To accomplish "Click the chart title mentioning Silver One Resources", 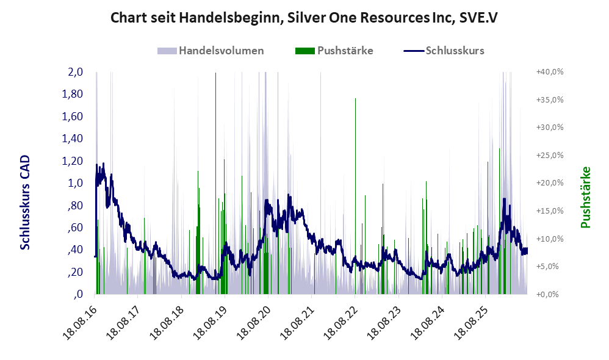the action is [x=304, y=18].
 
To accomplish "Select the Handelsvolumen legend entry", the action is [x=211, y=51].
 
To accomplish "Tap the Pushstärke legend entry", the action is [x=334, y=51].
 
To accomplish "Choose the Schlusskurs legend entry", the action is [x=444, y=51].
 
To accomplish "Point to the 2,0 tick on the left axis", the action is [x=75, y=72].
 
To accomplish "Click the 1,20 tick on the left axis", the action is [x=73, y=160].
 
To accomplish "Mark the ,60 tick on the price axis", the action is [x=75, y=227].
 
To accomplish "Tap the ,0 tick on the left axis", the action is [x=77, y=294].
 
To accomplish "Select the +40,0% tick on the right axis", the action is [x=550, y=72].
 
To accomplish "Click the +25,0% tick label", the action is [x=550, y=156].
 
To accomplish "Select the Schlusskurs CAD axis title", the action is [x=25, y=203].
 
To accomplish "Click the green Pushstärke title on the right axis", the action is [x=585, y=197].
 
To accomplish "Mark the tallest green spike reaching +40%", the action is [x=215, y=183].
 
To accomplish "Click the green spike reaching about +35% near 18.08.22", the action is [x=355, y=196].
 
